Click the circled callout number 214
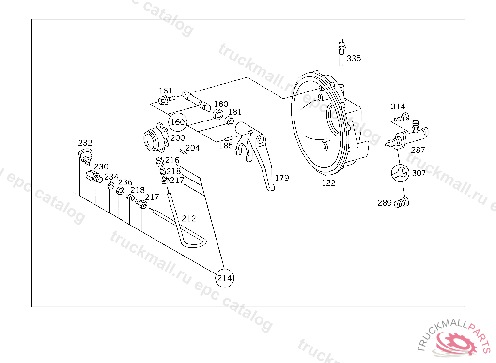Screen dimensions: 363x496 pyautogui.click(x=225, y=278)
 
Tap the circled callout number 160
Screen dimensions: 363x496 pyautogui.click(x=178, y=122)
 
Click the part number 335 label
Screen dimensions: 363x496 pyautogui.click(x=354, y=59)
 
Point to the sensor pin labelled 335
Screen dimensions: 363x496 pyautogui.click(x=341, y=53)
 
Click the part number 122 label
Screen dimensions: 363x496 pyautogui.click(x=328, y=183)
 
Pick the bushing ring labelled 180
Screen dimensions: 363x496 pyautogui.click(x=218, y=115)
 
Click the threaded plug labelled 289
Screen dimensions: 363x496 pyautogui.click(x=402, y=203)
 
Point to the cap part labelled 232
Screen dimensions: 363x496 pyautogui.click(x=86, y=155)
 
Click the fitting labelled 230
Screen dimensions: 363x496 pyautogui.click(x=93, y=176)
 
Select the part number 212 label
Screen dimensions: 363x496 pyautogui.click(x=189, y=218)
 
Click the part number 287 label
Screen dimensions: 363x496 pyautogui.click(x=418, y=150)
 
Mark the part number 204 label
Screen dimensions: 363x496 pyautogui.click(x=192, y=148)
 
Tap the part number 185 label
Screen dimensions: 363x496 pyautogui.click(x=226, y=145)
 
